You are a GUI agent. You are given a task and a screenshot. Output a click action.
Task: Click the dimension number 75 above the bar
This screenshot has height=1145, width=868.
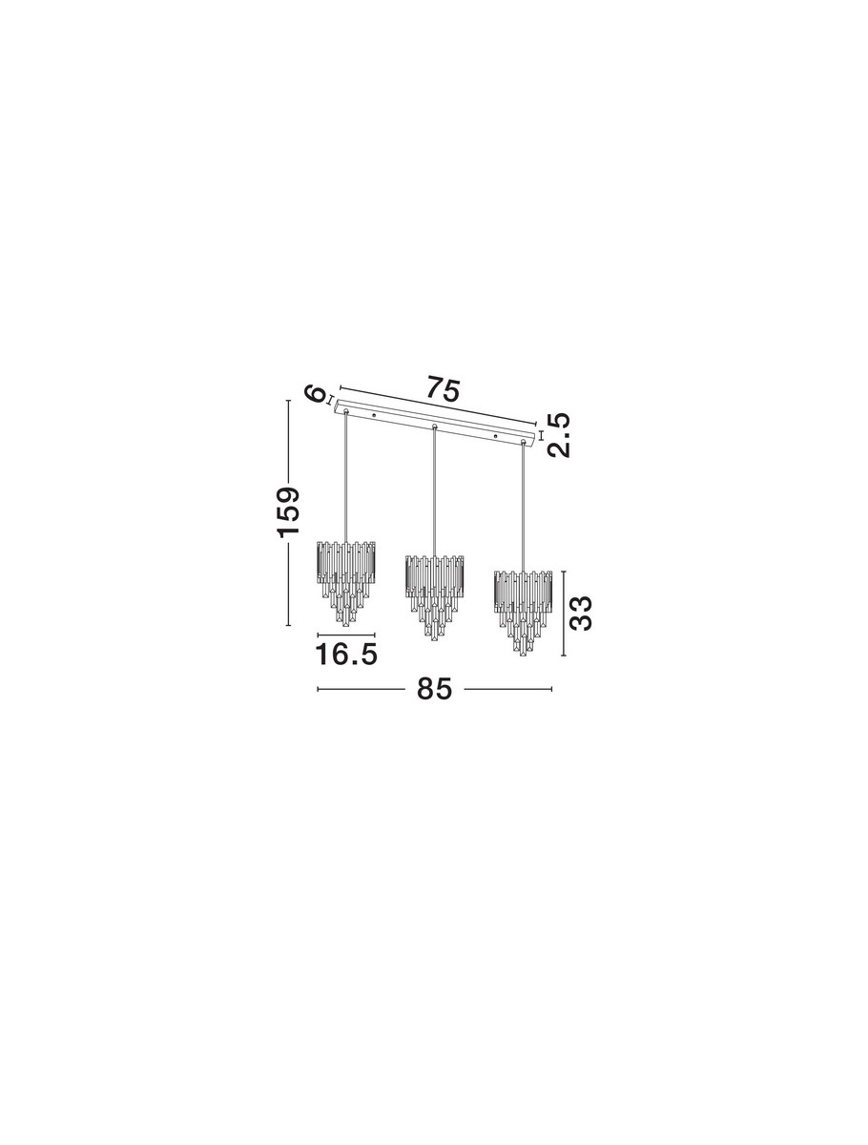(x=443, y=388)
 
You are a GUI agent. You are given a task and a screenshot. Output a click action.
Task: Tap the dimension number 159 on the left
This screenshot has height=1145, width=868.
(x=288, y=511)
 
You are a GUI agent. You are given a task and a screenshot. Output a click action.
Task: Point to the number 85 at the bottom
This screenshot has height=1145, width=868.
(x=434, y=689)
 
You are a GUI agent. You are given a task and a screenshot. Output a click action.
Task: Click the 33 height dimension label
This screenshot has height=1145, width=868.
(x=580, y=613)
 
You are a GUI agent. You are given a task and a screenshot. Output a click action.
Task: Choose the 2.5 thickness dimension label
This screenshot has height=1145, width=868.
(x=559, y=434)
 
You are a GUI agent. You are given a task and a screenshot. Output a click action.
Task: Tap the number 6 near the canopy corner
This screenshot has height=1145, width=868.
(x=316, y=394)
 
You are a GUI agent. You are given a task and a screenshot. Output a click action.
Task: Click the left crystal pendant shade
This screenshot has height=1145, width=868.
(x=346, y=583)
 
